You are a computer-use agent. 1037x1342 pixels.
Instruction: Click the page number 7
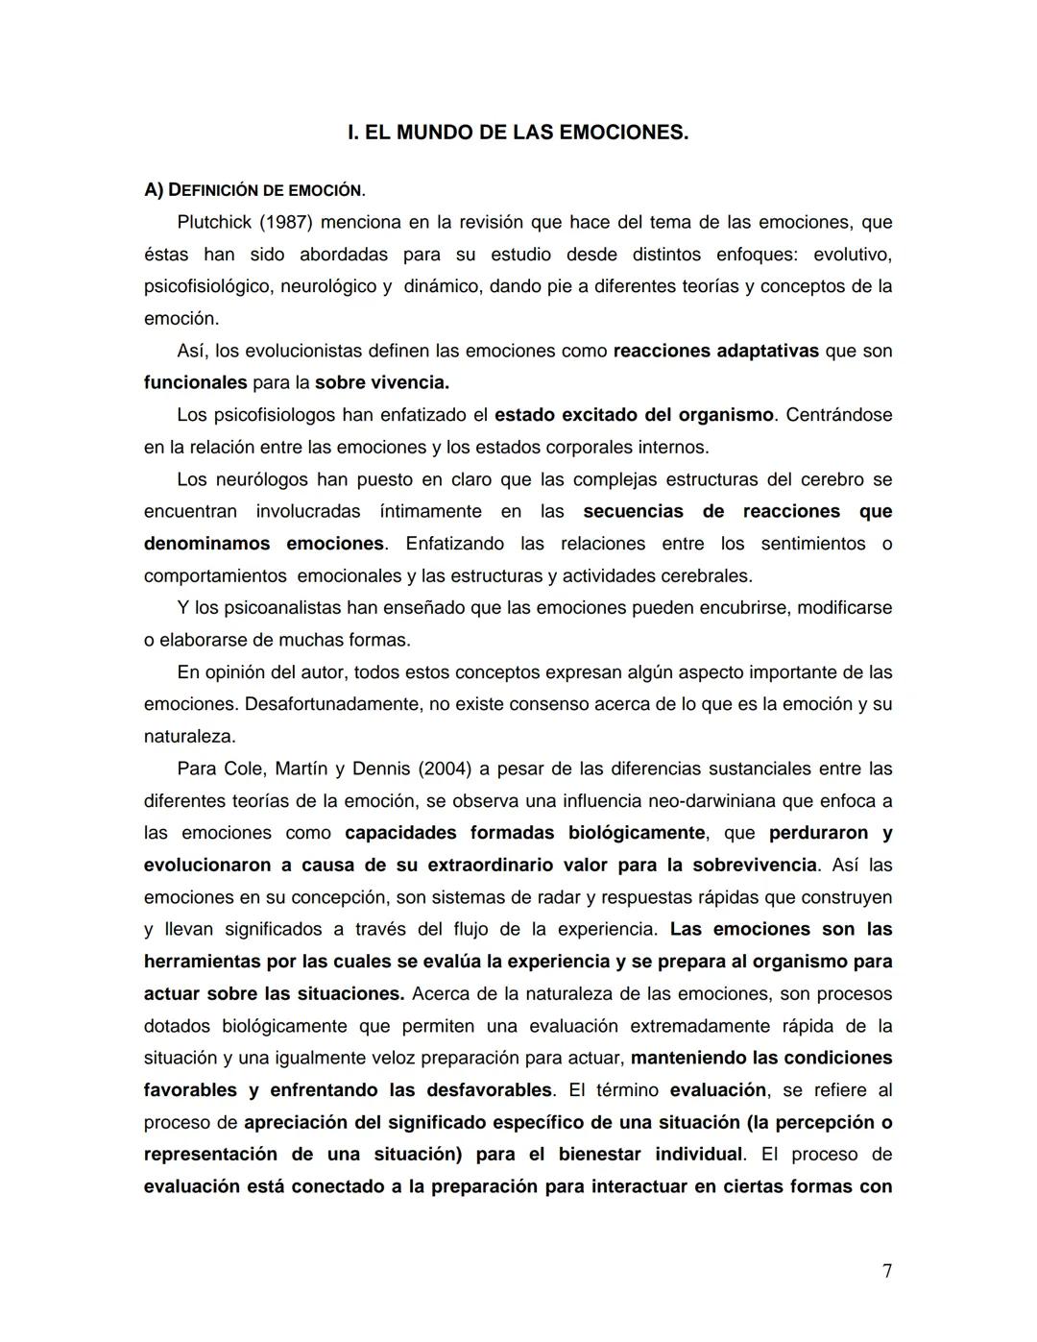point(886,1271)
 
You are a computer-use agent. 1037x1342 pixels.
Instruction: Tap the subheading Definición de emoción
point(254,190)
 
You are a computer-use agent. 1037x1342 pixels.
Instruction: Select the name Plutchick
point(214,223)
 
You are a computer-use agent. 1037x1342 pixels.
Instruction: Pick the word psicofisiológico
point(207,286)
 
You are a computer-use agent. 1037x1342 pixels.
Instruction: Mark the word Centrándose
point(838,415)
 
